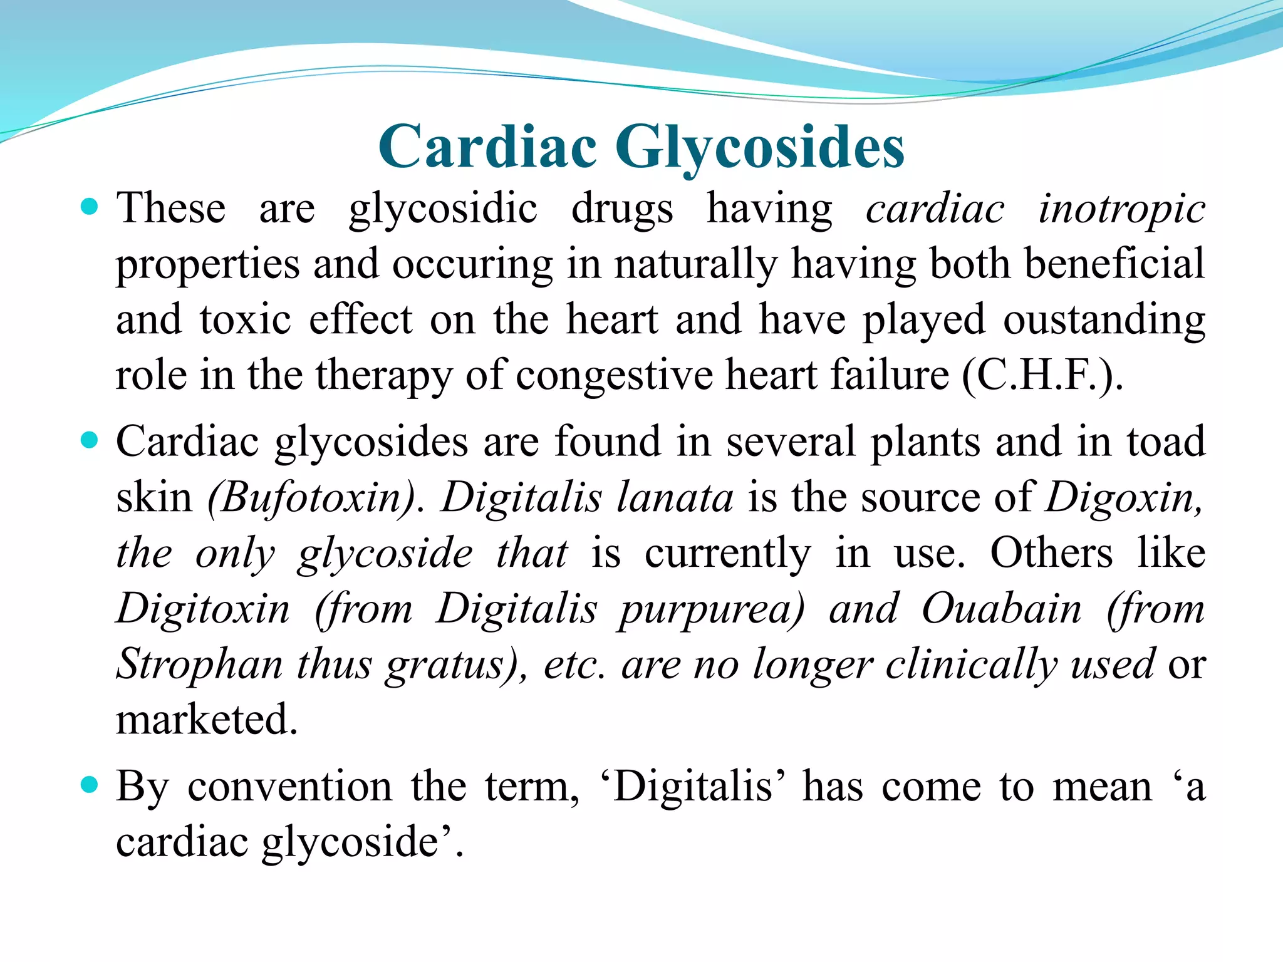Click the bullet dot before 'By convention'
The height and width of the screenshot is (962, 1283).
click(90, 784)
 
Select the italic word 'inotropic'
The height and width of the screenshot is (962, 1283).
click(1121, 209)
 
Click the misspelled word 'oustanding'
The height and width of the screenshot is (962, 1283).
click(1104, 320)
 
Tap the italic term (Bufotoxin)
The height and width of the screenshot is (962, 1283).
click(312, 499)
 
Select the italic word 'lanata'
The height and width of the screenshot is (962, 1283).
click(675, 499)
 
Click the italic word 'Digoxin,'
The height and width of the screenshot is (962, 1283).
click(1125, 499)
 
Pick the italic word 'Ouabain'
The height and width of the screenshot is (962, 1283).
click(1001, 609)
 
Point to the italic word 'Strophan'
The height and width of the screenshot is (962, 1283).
click(199, 664)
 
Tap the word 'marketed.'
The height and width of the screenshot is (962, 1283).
click(207, 719)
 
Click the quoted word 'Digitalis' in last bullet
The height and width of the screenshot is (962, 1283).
click(693, 787)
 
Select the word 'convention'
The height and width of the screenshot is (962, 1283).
click(289, 787)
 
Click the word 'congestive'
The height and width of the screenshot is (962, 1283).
click(613, 376)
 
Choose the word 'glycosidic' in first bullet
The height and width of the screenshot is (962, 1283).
click(443, 209)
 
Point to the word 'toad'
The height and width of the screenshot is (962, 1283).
click(1166, 442)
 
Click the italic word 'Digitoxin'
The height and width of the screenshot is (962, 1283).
click(204, 609)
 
